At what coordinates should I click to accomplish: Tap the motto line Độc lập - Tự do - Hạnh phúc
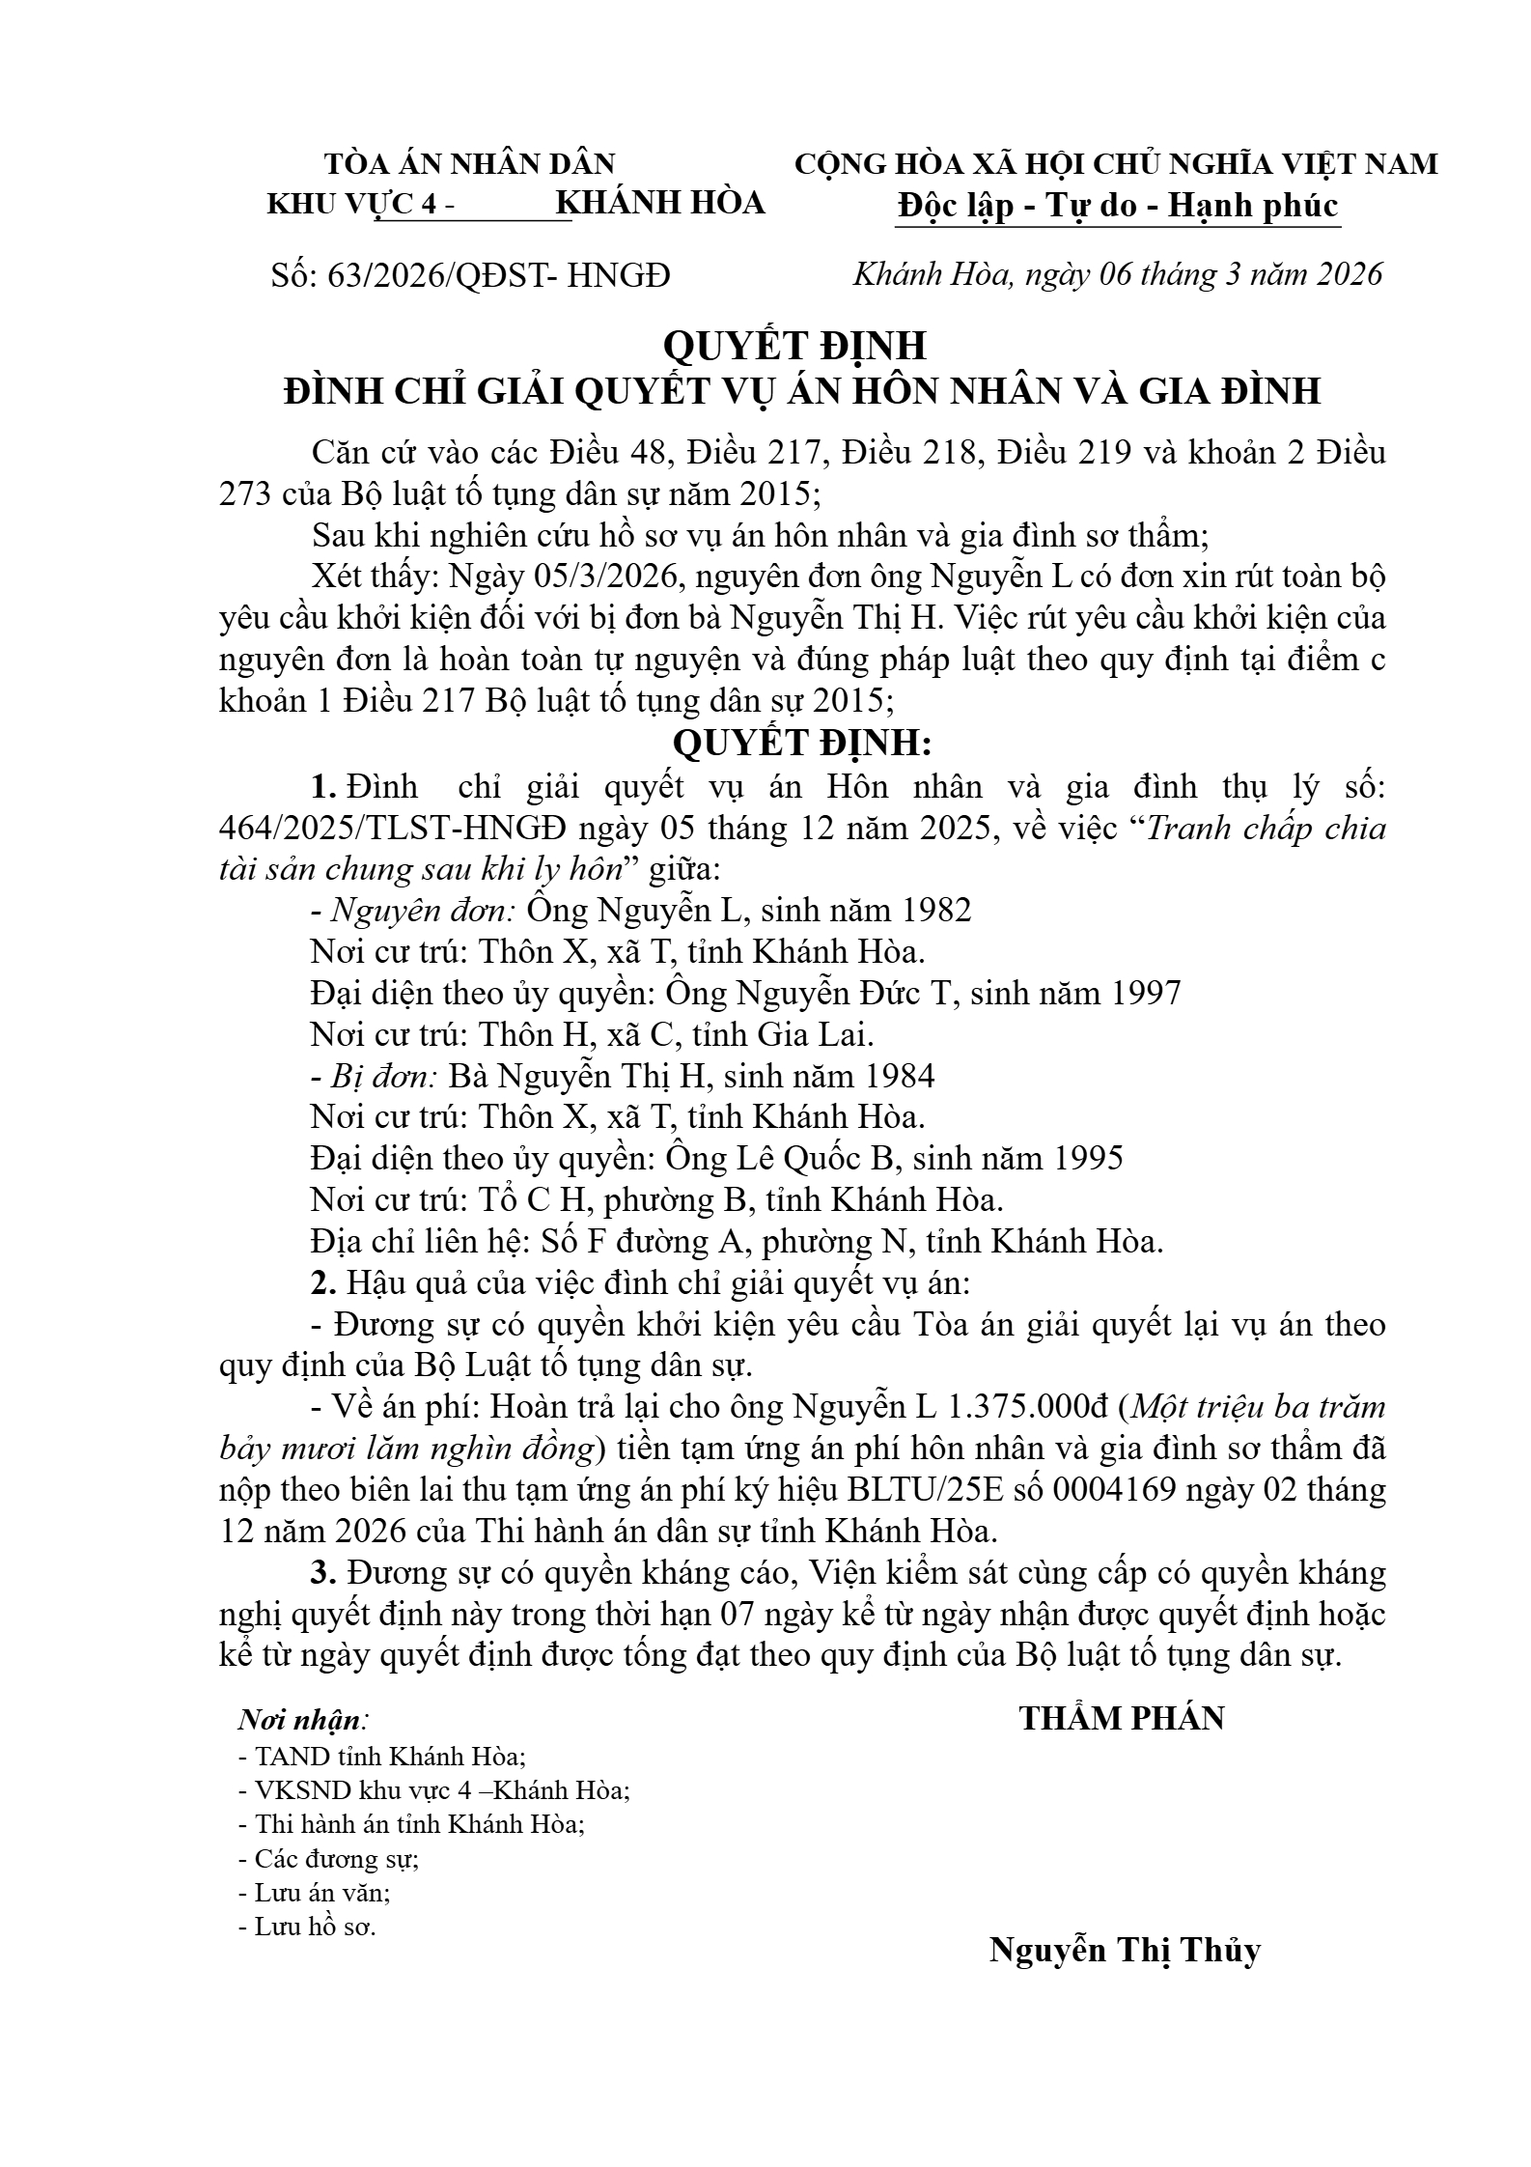pos(1117,206)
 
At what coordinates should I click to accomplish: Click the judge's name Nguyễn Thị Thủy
pos(1125,1950)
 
